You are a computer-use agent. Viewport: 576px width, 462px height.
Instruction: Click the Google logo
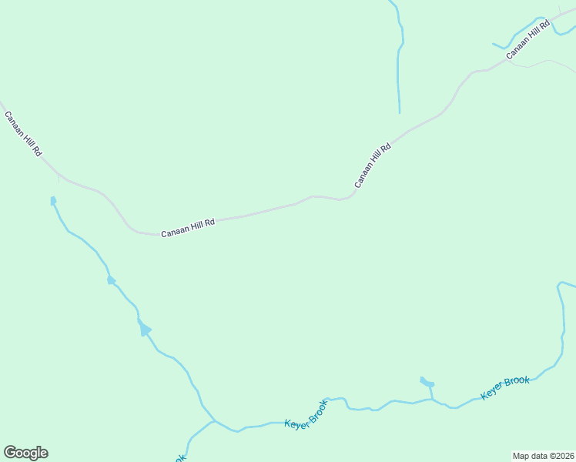[x=25, y=453]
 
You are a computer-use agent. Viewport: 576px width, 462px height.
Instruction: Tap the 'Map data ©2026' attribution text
[x=543, y=455]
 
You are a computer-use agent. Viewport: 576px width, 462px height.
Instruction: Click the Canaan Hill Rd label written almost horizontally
[x=187, y=228]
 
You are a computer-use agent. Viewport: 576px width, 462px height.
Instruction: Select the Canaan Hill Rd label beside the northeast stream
[x=528, y=40]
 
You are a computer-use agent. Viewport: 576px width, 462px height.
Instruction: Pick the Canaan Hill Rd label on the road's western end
[x=22, y=134]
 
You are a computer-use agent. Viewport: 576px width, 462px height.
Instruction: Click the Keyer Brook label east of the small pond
[x=505, y=388]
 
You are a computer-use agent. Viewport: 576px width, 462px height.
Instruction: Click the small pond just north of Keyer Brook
[x=427, y=382]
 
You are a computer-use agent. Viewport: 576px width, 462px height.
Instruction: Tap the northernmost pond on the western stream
[x=53, y=201]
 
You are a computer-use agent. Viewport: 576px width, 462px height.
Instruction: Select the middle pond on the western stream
[x=111, y=280]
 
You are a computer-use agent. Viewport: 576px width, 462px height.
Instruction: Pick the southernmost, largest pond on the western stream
[x=144, y=330]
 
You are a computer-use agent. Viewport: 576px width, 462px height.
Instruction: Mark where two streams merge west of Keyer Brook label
[x=215, y=421]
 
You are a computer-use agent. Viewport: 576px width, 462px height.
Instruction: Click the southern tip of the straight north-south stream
[x=400, y=113]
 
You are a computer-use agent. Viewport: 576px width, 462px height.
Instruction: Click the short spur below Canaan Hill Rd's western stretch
[x=59, y=179]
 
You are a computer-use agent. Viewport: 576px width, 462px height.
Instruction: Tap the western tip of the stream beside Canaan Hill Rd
[x=494, y=44]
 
